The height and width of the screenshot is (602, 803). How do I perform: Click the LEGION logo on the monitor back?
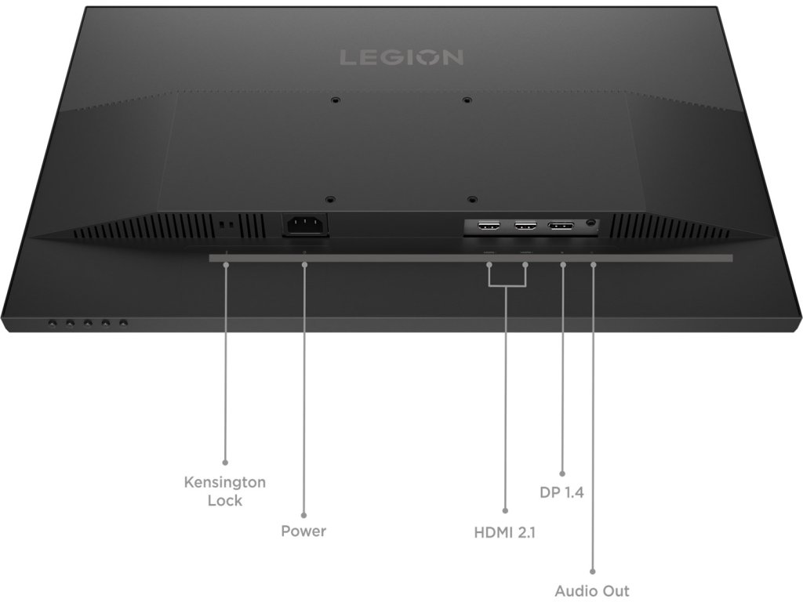(401, 57)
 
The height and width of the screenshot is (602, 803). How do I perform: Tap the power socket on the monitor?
(304, 226)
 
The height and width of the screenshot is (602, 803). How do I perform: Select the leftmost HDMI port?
(489, 227)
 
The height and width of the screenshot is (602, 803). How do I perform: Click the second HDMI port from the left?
(525, 227)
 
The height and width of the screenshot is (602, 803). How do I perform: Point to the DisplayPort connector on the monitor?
(560, 227)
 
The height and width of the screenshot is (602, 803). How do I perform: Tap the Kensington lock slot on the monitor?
(227, 225)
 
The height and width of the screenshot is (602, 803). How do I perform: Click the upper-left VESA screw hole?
(335, 100)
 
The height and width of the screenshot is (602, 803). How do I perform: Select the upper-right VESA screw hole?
(467, 100)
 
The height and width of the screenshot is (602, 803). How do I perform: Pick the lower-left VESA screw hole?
(330, 199)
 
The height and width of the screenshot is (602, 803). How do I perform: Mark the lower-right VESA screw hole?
(471, 199)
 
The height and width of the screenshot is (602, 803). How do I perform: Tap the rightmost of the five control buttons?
(123, 322)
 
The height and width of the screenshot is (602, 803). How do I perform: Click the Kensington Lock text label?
(225, 491)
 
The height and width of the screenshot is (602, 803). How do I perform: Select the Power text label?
(303, 531)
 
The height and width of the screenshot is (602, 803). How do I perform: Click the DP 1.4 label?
(562, 493)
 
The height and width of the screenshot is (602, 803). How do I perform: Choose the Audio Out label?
(592, 590)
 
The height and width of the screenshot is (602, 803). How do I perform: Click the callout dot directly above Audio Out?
(592, 571)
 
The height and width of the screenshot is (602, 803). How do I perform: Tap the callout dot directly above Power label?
(303, 511)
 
